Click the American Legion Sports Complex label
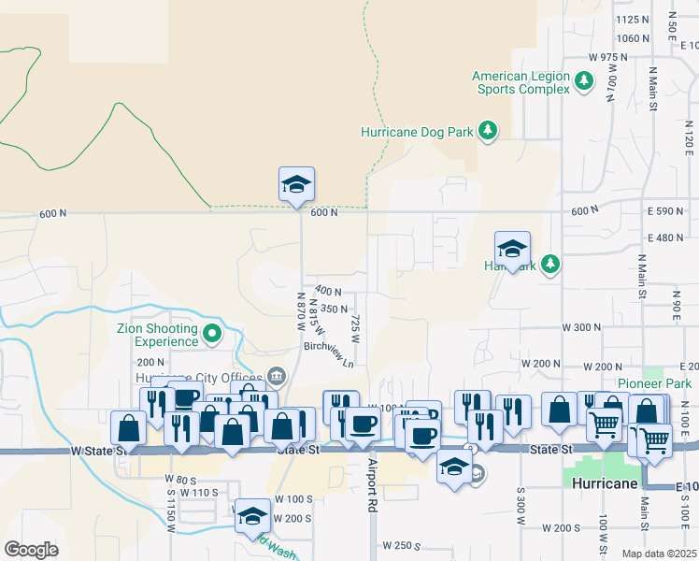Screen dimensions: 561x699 coord(521,82)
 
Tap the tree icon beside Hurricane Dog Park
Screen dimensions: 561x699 coord(487,132)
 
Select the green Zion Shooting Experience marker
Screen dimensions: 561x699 coord(212,331)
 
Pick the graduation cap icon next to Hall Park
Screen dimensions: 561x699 coord(512,249)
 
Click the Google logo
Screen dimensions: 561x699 coord(32,549)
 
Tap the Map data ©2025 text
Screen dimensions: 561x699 coord(660,554)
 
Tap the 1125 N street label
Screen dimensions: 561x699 coord(633,19)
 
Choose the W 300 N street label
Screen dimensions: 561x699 coord(580,327)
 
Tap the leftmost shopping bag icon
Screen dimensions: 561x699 coord(128,428)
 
